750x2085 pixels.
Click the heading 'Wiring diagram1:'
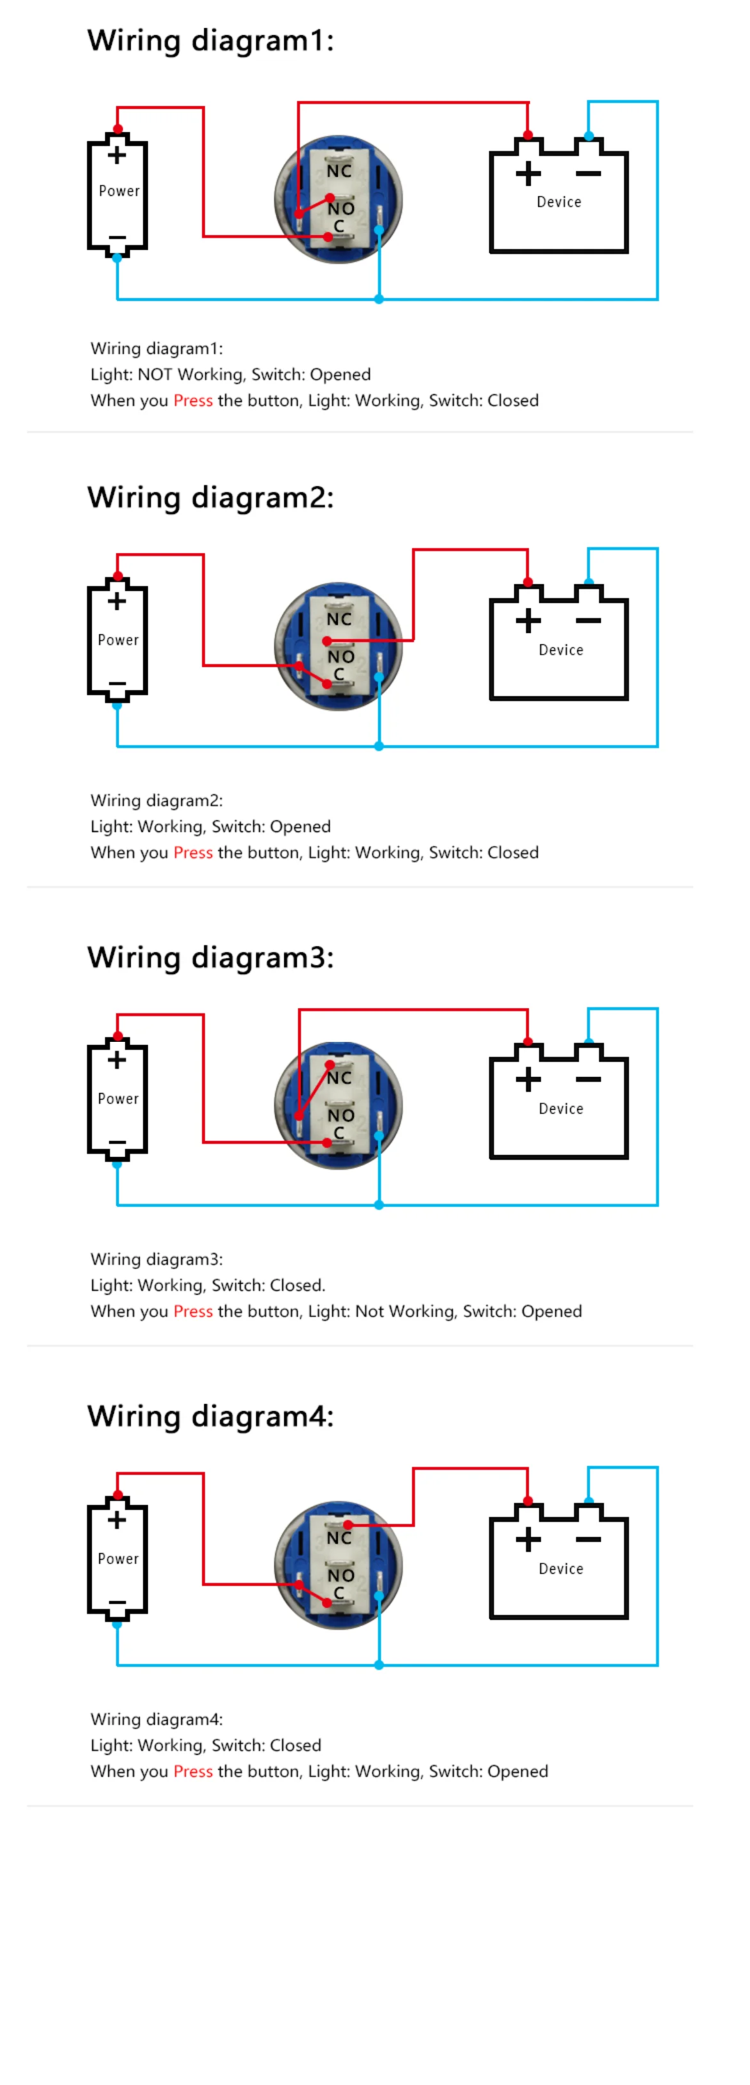211,40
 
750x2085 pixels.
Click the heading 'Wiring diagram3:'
211,957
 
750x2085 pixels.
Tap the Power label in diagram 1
119,191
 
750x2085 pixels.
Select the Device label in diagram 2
561,650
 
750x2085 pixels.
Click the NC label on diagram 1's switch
339,172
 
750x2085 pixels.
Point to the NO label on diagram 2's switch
340,657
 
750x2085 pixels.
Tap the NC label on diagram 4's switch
339,1538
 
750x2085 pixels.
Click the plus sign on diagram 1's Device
529,173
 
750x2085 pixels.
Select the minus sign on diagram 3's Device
588,1079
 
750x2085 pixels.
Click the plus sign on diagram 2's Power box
117,602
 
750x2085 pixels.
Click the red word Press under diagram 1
193,401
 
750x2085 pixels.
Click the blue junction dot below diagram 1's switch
379,300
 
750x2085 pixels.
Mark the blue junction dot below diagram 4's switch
379,1665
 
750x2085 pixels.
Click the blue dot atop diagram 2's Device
589,582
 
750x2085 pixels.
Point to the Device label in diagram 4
561,1569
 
